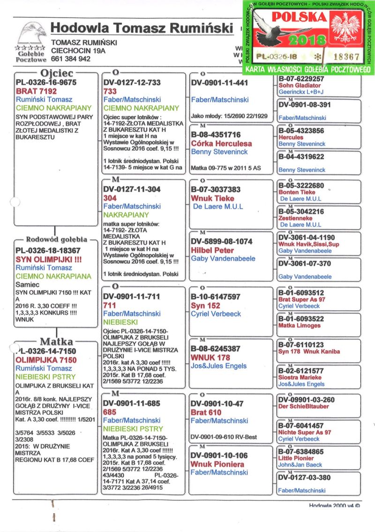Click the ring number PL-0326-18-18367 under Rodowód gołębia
[x=48, y=251]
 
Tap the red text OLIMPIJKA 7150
[x=46, y=360]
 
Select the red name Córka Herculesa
[x=221, y=143]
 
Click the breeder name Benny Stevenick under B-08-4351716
[x=219, y=152]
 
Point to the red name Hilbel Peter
[x=212, y=250]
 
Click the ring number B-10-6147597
[x=216, y=297]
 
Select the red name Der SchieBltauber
[x=303, y=406]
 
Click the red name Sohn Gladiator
[x=300, y=86]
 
